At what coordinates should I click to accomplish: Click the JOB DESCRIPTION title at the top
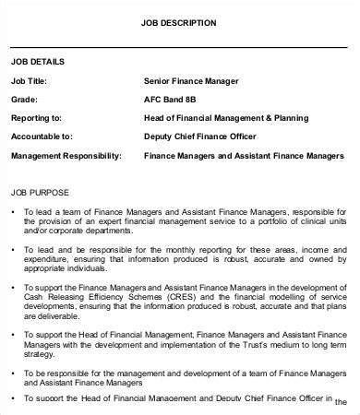click(x=180, y=22)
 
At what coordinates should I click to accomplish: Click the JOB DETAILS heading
click(x=38, y=62)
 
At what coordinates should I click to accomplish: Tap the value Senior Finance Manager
click(x=192, y=80)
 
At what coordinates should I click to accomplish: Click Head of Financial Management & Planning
click(x=226, y=117)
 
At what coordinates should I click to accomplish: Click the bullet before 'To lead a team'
click(x=14, y=212)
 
